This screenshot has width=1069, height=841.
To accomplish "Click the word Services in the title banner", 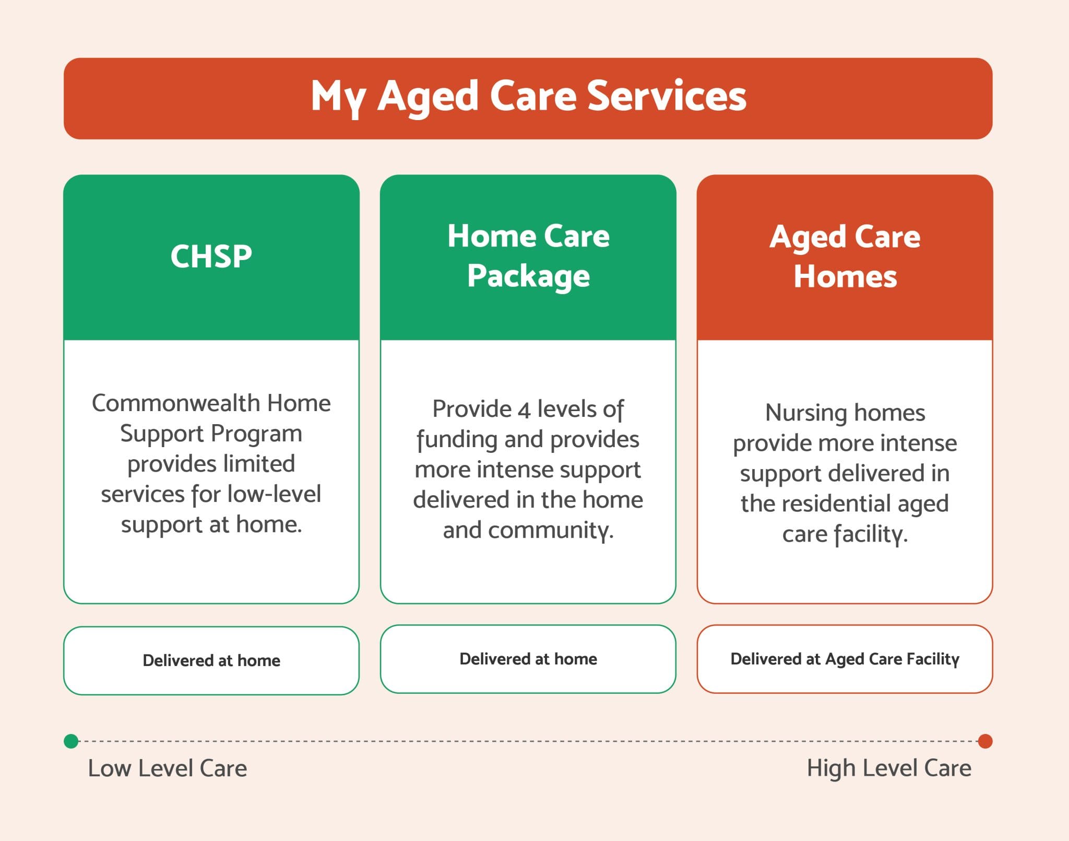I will tap(667, 97).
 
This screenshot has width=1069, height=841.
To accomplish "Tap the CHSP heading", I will tap(211, 256).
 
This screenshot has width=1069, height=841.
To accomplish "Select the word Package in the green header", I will tap(528, 276).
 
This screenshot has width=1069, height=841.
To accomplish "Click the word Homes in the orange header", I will tap(845, 276).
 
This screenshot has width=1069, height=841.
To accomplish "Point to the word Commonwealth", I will tap(176, 403).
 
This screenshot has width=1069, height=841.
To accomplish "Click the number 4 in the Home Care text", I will tap(524, 410).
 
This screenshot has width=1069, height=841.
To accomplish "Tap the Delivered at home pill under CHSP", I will tap(211, 660).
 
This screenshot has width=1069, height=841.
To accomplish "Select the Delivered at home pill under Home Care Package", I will tap(528, 659).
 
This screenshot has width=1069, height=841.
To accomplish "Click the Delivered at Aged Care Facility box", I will tap(845, 659).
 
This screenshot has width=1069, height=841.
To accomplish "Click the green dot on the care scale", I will tap(71, 741).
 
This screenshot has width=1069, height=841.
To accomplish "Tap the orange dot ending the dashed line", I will tap(985, 741).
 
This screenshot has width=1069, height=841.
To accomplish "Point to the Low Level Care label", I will tap(167, 768).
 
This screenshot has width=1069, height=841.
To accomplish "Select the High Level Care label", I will tap(889, 768).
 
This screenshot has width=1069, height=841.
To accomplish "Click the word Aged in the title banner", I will tap(427, 98).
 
